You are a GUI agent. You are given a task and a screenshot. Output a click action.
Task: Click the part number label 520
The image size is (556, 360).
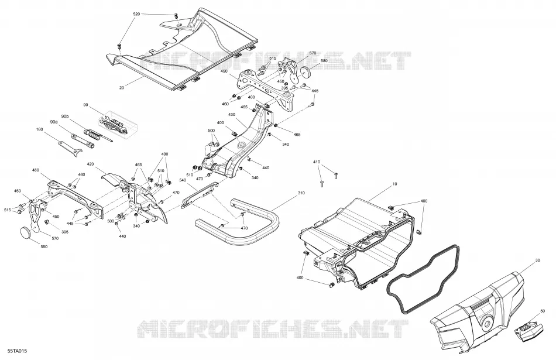tap(136, 14)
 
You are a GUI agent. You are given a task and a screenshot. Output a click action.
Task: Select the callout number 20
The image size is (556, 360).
tap(122, 88)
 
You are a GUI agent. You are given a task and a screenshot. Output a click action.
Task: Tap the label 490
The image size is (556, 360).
tap(224, 71)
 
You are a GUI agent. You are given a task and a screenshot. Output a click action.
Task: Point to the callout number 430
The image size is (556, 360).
tap(232, 115)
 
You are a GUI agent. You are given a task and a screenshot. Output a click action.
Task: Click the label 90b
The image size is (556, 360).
tap(65, 116)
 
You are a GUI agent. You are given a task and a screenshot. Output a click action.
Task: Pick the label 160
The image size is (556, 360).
tap(39, 129)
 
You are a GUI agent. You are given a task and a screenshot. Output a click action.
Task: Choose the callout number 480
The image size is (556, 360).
tap(36, 170)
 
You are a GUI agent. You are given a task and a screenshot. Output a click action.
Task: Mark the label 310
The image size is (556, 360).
tap(301, 193)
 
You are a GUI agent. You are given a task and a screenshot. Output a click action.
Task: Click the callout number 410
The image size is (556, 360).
tap(317, 162)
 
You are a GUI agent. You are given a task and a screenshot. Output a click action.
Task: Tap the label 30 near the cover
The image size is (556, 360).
tap(537, 260)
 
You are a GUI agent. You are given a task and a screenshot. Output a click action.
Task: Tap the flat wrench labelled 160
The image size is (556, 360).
tap(71, 148)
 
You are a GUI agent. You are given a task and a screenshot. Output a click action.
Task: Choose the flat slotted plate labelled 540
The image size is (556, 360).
tap(200, 195)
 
